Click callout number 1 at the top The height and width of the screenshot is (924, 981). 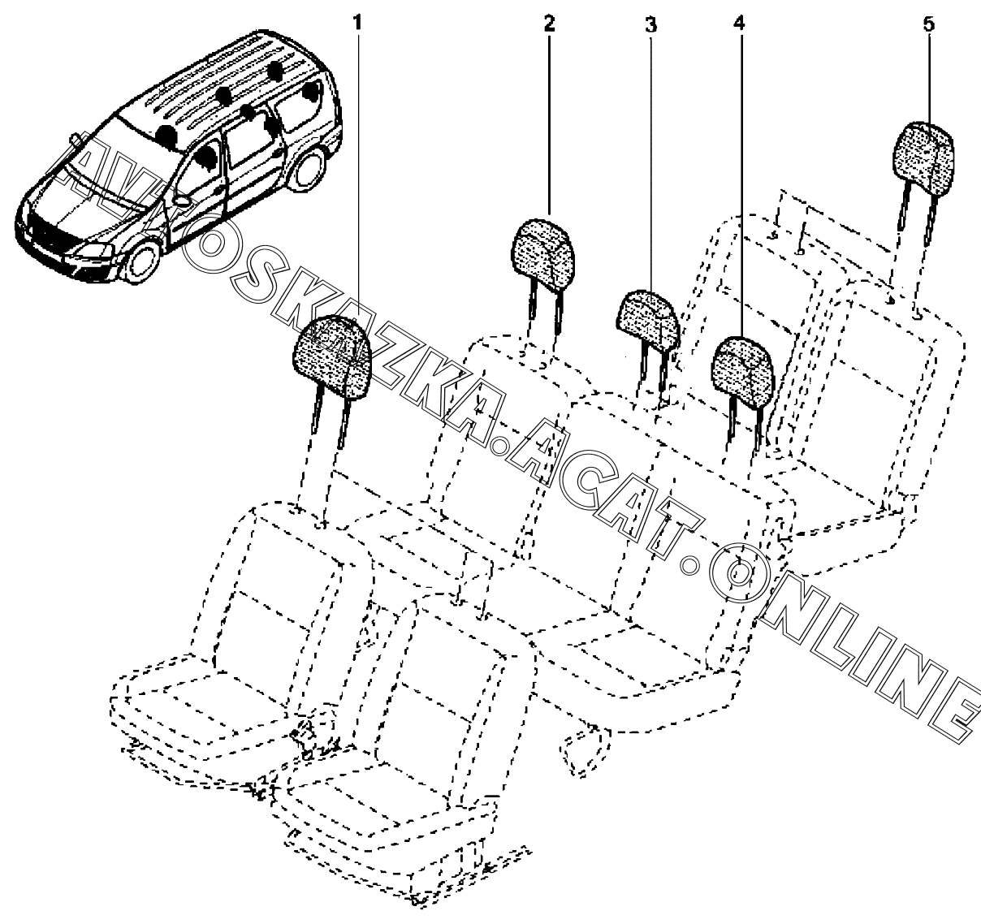[x=357, y=23]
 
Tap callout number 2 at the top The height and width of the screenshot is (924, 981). [x=549, y=23]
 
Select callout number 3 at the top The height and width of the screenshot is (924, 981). [x=650, y=24]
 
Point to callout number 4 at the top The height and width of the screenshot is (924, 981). [x=739, y=23]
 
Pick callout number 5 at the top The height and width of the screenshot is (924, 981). [x=929, y=24]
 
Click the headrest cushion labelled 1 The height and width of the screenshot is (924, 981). [x=332, y=356]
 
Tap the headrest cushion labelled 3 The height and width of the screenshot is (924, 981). [x=648, y=322]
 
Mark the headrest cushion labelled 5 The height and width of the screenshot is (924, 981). [x=923, y=157]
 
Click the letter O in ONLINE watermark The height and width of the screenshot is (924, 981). [x=739, y=572]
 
